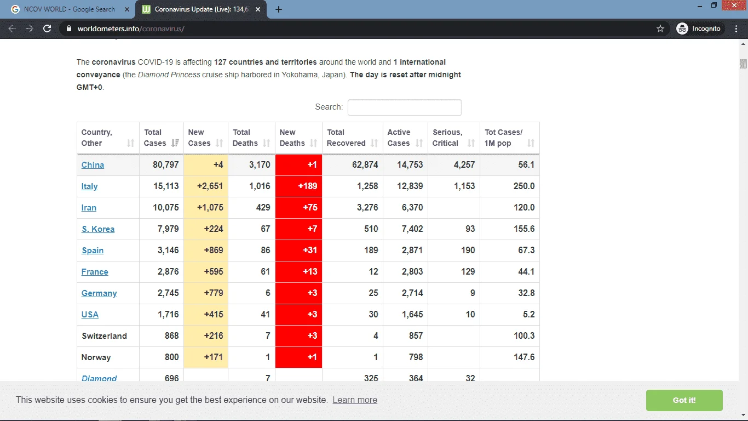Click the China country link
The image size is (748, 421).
93,165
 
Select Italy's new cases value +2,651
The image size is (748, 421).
210,186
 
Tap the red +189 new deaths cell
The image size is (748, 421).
298,186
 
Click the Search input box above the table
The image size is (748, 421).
404,107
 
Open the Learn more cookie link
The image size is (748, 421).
355,400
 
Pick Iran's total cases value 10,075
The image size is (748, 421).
165,208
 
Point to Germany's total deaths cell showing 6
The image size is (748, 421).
267,293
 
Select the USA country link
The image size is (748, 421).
90,315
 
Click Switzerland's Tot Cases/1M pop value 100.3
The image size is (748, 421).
523,335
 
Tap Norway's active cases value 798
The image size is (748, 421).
416,357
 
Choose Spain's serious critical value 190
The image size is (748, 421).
468,251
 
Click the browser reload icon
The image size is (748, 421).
47,29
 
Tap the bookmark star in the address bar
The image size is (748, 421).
660,29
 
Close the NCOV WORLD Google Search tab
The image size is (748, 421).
127,9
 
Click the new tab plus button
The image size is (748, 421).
279,9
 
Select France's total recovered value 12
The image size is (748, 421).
373,272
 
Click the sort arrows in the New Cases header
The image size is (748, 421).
219,143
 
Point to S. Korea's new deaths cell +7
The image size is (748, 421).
298,229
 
